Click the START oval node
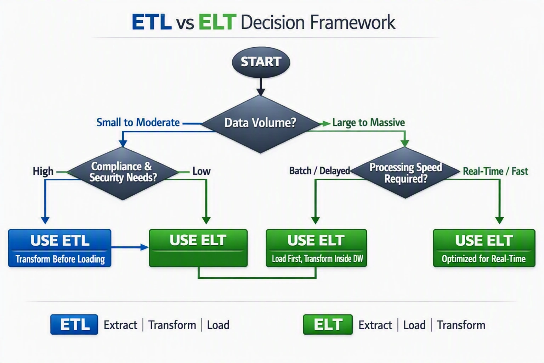coord(261,62)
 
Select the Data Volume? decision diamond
coord(260,124)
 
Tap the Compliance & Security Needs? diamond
coord(123,173)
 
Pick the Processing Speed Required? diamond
coord(405,172)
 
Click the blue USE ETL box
coord(60,248)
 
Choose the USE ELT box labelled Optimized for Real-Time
coord(484,248)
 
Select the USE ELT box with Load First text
coord(316,248)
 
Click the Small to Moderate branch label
coord(138,122)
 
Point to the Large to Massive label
coord(368,123)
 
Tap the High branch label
coord(43,171)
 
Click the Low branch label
coord(201,171)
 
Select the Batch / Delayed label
coord(319,171)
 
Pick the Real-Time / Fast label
coord(495,172)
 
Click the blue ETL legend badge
coord(74,324)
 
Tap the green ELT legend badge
coord(328,324)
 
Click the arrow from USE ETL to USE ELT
coord(130,247)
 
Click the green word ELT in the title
coord(217,22)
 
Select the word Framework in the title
coord(353,22)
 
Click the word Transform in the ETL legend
coord(172,325)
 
